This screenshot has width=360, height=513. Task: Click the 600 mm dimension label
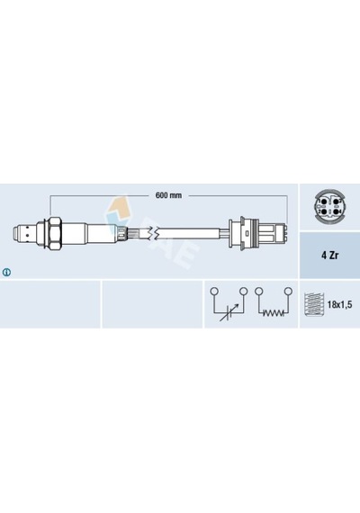[168, 195]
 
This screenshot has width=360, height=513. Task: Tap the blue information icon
[6, 272]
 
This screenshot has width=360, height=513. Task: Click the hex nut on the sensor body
[54, 233]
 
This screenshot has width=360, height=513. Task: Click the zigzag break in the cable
[154, 233]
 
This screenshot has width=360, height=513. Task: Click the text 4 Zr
[329, 256]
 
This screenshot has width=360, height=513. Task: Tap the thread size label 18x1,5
[339, 305]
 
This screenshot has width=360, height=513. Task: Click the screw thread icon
[314, 304]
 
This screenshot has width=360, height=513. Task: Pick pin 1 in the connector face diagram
[324, 202]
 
